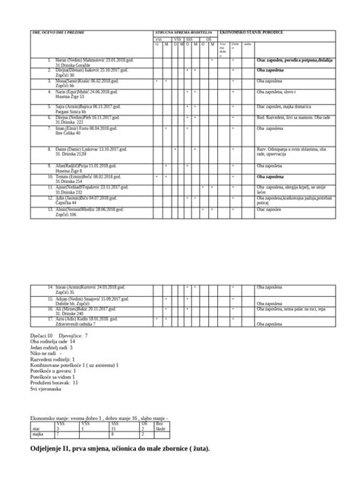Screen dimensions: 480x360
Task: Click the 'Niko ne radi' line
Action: pos(46,353)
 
